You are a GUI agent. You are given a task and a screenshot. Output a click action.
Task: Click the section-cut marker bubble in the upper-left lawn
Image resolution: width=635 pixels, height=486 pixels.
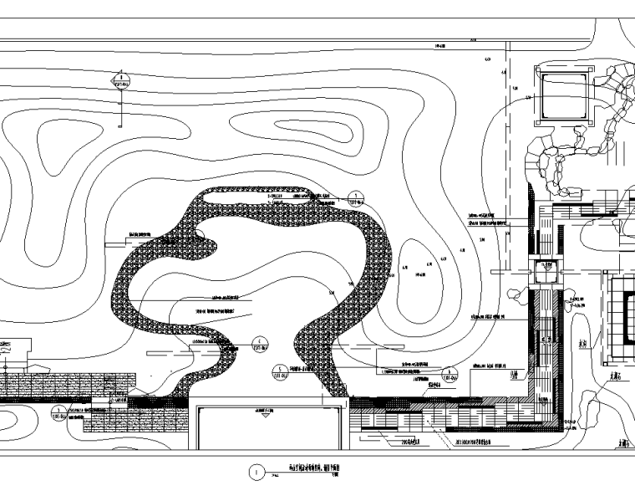pyautogui.click(x=122, y=81)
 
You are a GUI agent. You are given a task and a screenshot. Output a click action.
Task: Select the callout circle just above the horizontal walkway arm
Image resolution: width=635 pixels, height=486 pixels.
pyautogui.click(x=450, y=374)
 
